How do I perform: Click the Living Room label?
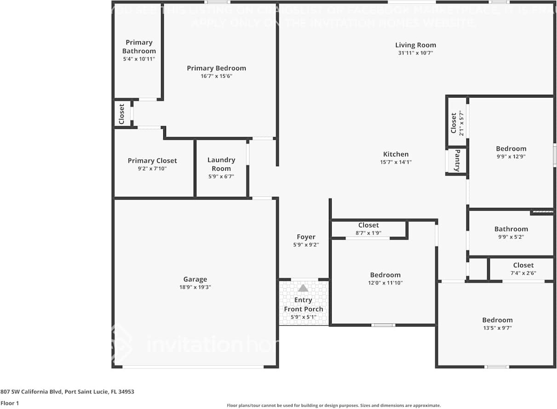click(x=415, y=45)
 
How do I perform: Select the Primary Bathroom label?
click(x=139, y=46)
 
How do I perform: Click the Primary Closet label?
click(x=152, y=161)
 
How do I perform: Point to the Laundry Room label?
click(x=221, y=164)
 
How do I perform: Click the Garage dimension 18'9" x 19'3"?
click(x=195, y=287)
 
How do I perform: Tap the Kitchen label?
click(x=396, y=154)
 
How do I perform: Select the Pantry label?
click(x=457, y=161)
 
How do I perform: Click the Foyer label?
click(x=306, y=237)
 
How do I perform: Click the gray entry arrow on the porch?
click(x=303, y=288)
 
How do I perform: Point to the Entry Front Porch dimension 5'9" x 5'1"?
click(x=303, y=317)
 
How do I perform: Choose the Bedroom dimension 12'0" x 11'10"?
click(x=385, y=283)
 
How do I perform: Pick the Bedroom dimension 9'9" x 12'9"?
click(x=511, y=156)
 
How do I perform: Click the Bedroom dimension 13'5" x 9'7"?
click(x=497, y=328)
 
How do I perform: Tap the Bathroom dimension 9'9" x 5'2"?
click(x=511, y=237)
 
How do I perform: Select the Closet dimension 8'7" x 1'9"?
click(x=368, y=233)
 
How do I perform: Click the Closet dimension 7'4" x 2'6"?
click(x=523, y=273)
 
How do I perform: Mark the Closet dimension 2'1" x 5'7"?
click(x=461, y=123)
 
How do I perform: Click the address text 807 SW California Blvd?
click(x=67, y=392)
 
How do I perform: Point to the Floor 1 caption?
click(x=10, y=403)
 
